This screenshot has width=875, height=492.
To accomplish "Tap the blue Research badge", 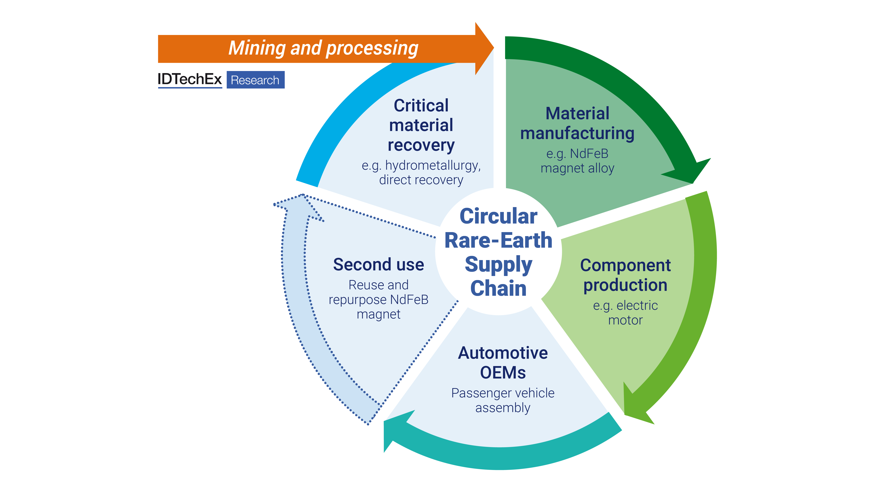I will point(255,80).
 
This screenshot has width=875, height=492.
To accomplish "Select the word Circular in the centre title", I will point(498,216).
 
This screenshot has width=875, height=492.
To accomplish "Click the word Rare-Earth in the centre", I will point(498,240).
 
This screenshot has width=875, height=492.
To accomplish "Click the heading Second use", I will point(378,264).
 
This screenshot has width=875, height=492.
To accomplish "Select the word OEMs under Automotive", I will point(503,373).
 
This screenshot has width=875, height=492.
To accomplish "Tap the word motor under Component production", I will point(625,320).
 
